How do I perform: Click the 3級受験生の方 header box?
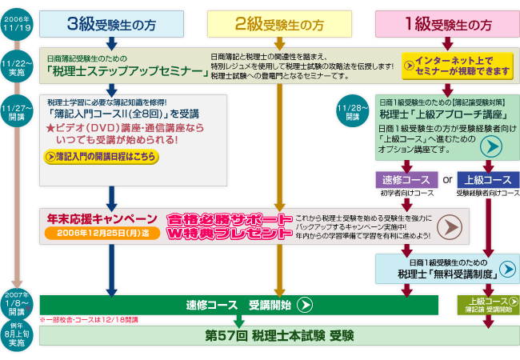pos(111,24)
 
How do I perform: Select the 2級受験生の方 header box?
pos(279,24)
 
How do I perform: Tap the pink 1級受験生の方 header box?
pos(446,24)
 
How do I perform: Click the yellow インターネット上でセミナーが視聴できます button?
pos(454,65)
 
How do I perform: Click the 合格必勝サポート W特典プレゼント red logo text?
pos(227,226)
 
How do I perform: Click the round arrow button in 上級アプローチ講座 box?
pos(489,146)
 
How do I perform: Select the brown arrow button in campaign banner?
pos(451,226)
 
